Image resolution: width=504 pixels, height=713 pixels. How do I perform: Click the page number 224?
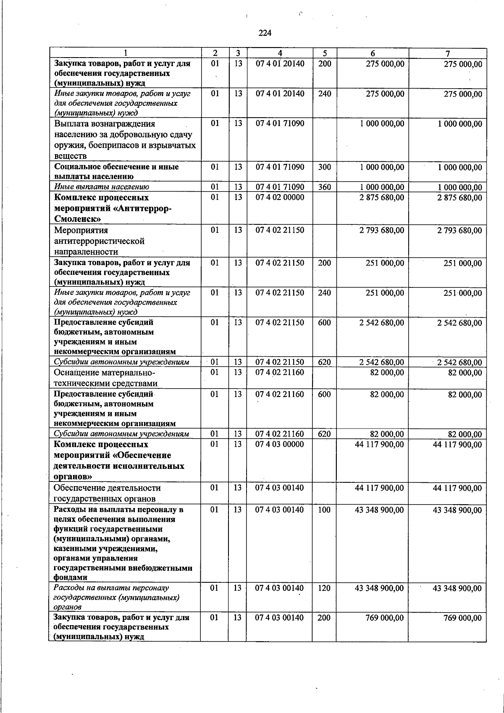(x=265, y=33)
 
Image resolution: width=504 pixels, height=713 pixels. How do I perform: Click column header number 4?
(x=280, y=53)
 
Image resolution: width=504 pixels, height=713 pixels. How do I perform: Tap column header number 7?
(x=448, y=53)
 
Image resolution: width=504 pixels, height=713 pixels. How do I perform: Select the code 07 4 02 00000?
(x=280, y=197)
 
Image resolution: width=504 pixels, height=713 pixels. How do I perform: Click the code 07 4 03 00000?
(x=279, y=445)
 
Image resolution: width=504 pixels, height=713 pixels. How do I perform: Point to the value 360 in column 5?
(x=324, y=187)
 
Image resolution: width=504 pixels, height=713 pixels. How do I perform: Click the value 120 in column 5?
(x=324, y=588)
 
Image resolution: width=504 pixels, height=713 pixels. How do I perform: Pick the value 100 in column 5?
(x=324, y=510)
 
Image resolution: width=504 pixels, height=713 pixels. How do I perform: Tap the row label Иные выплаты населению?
(x=101, y=187)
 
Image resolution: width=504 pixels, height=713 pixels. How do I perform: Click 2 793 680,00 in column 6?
(x=381, y=230)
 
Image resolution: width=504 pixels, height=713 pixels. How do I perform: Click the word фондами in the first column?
(x=71, y=578)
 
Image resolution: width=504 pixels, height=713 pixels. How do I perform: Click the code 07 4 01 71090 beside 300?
(x=280, y=167)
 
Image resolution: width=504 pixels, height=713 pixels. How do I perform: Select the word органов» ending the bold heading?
(x=73, y=477)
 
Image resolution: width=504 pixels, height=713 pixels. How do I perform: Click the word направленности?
(x=86, y=252)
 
